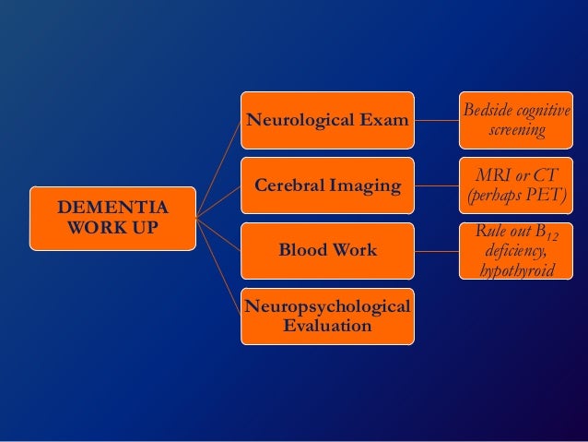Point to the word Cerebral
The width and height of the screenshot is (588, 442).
(x=289, y=185)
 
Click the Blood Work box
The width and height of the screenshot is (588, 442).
(x=328, y=250)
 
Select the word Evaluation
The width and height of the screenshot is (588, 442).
(x=328, y=327)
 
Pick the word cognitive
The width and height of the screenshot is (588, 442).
(x=547, y=112)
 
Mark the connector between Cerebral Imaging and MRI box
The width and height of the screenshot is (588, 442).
(x=438, y=185)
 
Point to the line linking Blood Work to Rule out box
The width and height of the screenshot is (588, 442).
(x=438, y=250)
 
